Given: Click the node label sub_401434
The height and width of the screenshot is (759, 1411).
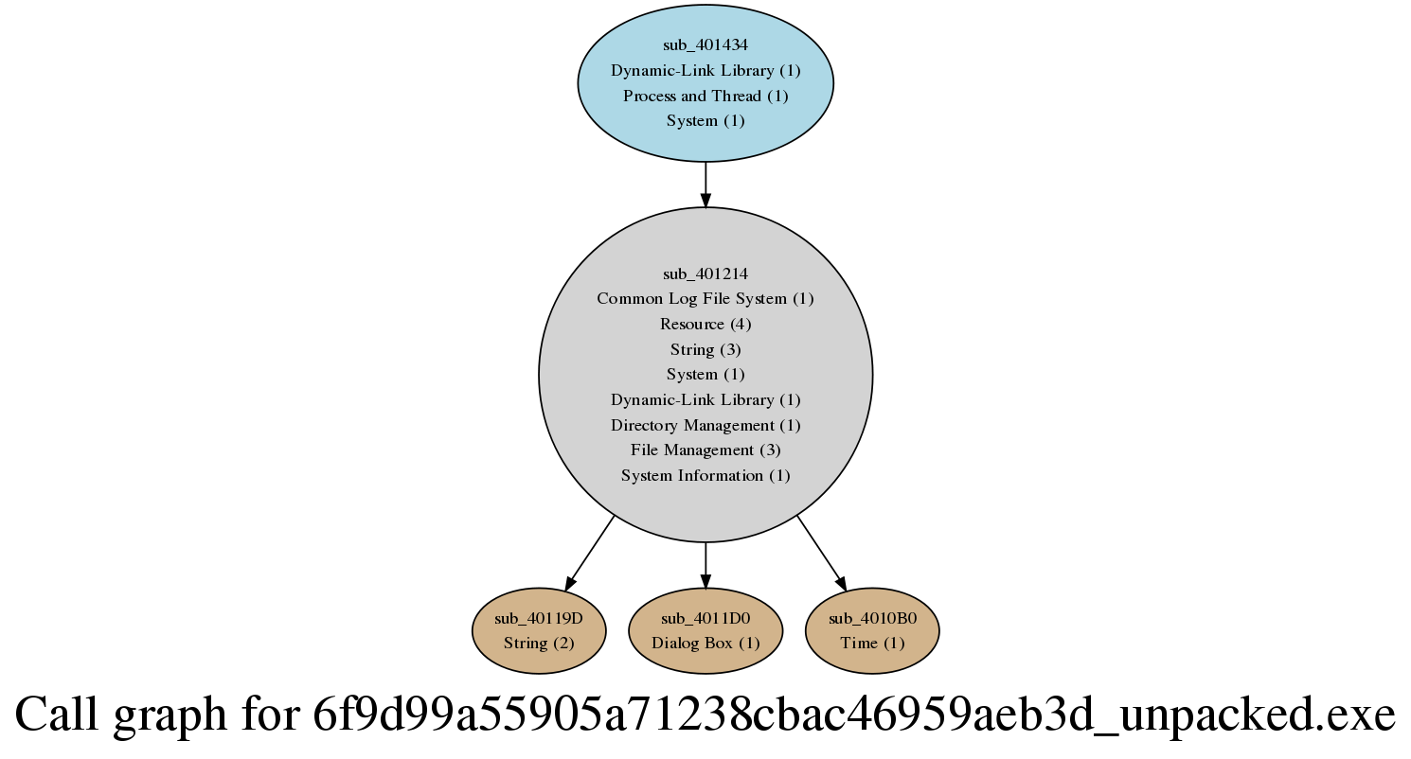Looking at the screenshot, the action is click(x=705, y=45).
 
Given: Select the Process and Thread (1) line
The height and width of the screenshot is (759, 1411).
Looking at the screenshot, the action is click(x=705, y=96).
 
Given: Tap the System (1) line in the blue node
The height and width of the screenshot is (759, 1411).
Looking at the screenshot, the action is click(x=705, y=120).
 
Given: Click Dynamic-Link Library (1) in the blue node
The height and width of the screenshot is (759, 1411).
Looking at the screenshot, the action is click(x=705, y=70).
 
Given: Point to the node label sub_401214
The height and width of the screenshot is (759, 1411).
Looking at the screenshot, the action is click(x=705, y=274).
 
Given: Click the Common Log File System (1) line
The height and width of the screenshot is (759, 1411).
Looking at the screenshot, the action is click(x=705, y=298).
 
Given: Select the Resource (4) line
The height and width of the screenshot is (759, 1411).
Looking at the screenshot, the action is click(x=705, y=324).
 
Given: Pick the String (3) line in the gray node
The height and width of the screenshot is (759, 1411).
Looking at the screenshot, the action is click(x=705, y=349).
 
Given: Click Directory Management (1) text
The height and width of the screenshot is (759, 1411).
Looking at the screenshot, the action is click(x=705, y=426).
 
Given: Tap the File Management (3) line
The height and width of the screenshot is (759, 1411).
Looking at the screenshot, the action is click(x=705, y=450).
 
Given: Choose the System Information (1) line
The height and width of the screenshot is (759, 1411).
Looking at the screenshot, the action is click(x=705, y=475).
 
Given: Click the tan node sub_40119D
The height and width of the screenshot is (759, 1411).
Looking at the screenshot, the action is click(x=539, y=630).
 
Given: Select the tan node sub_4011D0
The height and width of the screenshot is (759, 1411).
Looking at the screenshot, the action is click(x=705, y=630).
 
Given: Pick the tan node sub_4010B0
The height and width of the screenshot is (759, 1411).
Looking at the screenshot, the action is click(x=872, y=630).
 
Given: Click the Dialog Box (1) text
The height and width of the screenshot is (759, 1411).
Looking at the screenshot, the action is click(x=705, y=644).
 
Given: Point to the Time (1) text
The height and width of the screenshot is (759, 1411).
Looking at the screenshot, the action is click(x=872, y=644).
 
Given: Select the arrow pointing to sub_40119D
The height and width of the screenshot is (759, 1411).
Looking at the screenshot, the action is click(x=590, y=554).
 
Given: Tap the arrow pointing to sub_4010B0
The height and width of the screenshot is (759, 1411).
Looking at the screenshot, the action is click(x=821, y=554).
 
